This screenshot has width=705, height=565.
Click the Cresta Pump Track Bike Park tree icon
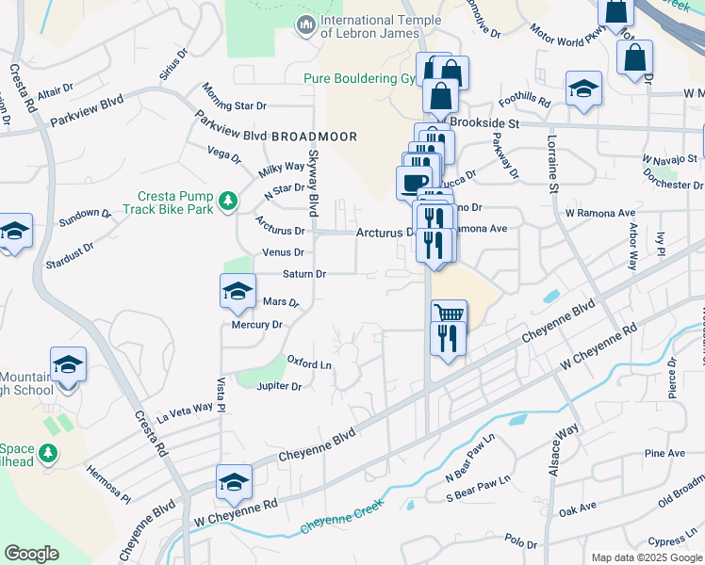click(227, 201)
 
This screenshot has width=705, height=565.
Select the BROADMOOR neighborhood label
click(314, 137)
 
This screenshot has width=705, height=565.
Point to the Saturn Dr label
click(303, 274)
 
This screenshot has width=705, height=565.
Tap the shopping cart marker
click(449, 314)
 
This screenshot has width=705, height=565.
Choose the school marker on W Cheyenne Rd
click(234, 483)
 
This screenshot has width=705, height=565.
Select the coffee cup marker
click(414, 182)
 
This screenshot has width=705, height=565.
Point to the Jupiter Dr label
click(279, 386)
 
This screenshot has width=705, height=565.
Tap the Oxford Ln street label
click(310, 363)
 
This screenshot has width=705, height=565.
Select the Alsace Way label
click(563, 449)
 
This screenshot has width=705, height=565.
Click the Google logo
click(31, 554)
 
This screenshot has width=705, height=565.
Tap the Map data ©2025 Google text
click(646, 557)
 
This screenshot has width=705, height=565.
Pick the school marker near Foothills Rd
click(583, 91)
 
